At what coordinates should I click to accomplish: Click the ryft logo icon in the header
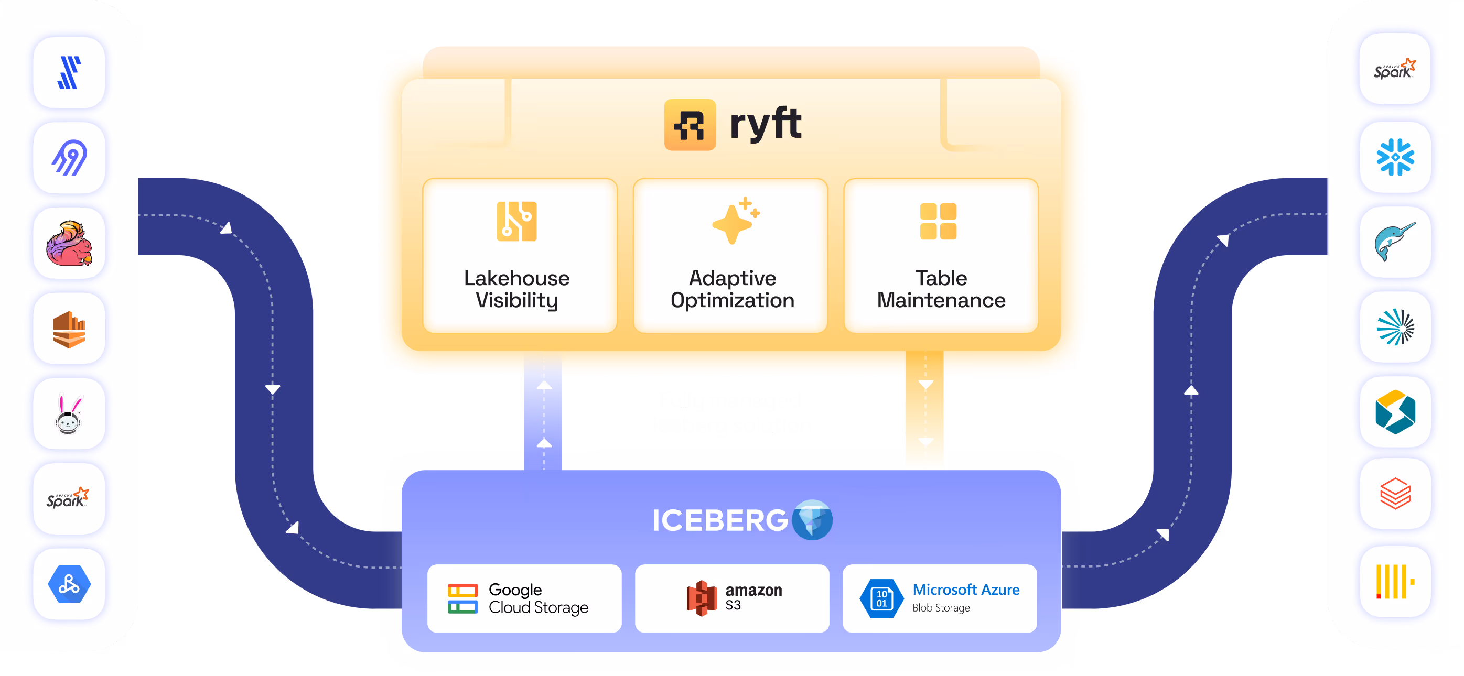690,124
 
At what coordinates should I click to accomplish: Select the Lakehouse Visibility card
520,256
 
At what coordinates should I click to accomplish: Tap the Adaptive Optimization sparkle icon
735,221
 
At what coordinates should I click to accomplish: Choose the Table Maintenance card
941,256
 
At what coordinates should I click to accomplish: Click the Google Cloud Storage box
524,598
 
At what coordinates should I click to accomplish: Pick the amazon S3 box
732,598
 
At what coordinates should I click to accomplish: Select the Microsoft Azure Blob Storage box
940,598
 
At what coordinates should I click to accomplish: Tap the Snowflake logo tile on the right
1395,157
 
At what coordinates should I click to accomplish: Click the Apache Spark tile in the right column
1395,70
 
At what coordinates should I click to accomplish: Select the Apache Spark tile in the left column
69,499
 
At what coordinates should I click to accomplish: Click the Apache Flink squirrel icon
69,243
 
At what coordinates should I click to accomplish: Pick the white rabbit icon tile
69,414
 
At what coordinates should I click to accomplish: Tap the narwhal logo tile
1395,242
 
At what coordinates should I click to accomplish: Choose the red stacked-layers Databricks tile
1395,494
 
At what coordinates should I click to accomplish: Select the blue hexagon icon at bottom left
69,584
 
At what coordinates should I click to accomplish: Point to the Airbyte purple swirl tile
69,158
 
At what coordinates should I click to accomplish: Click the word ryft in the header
765,123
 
